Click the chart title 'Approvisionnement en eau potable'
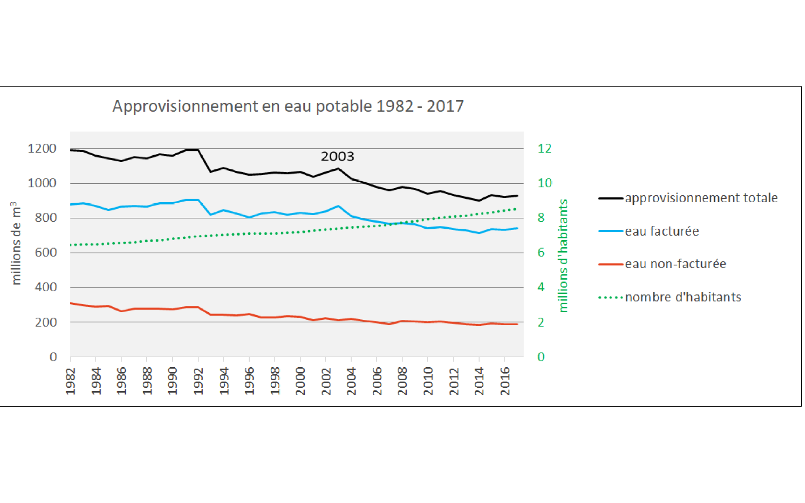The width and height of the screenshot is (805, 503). pos(288,106)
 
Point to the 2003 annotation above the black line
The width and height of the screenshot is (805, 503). pos(337,156)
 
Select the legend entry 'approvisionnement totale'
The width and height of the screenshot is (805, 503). pos(701,198)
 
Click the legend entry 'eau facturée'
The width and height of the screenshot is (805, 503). pos(662,231)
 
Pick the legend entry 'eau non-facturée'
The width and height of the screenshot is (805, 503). pos(675,264)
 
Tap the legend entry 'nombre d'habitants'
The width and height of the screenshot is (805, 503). pos(683,297)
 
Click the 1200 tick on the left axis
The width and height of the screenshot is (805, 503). pos(42,148)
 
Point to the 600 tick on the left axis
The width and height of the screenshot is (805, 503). pos(46,252)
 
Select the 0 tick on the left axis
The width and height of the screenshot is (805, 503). pos(53,357)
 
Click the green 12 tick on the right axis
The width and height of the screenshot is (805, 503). pos(545,148)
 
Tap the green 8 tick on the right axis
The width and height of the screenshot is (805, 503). pos(541,218)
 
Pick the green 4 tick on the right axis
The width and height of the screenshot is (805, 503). pos(541,287)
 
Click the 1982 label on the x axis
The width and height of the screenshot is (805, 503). pos(70,381)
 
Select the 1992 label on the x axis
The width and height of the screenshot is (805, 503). pos(198,381)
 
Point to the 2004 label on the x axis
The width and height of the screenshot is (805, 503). pos(351,381)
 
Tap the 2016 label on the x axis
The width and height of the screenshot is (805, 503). pos(505,381)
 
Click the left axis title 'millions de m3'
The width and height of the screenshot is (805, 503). pos(16,243)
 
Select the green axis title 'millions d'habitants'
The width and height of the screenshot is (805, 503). pos(563,256)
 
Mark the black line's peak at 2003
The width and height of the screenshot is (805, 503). pos(338,169)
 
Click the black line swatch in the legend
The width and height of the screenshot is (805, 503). pos(610,198)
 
